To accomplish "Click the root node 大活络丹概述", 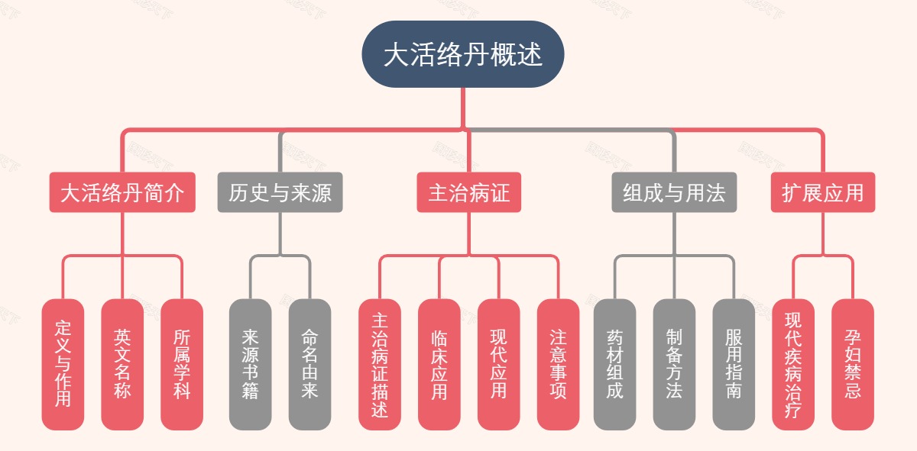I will pos(463,55).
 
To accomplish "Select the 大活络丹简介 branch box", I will pos(122,192).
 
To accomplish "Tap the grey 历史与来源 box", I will pos(280,192).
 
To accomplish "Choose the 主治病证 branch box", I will pos(468,192).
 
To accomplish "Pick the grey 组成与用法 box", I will pos(674,192).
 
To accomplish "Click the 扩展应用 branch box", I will pos(823,192).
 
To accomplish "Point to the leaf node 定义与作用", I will pos(63,364).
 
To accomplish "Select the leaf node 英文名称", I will pos(122,364).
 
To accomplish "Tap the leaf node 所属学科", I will pos(182,364).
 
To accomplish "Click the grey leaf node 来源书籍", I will pos(250,364).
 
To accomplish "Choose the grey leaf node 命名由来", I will pos(309,364).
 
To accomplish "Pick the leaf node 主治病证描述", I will pos(380,364).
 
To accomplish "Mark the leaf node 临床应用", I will pos(439,364).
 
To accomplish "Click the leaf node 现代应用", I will pos(498,364).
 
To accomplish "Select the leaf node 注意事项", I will pos(558,364).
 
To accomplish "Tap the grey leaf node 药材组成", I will pos(614,364).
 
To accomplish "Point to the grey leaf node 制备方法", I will pos(674,364).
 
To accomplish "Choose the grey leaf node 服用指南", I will pos(734,364).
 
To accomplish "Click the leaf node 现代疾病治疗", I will pos(793,364).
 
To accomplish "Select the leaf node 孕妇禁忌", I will pos(853,364).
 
